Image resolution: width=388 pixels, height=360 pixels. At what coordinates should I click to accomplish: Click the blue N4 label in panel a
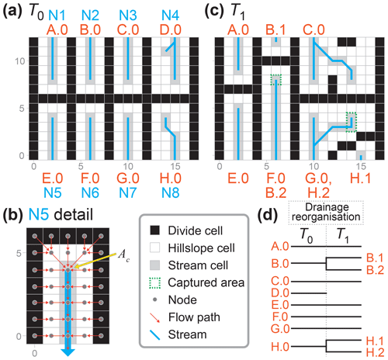(170, 16)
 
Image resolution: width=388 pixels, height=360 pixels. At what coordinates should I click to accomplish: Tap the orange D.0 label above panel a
(170, 29)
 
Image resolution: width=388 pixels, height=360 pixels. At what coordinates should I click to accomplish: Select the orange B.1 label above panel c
(275, 29)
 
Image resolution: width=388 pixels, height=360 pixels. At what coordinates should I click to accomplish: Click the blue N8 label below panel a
(170, 193)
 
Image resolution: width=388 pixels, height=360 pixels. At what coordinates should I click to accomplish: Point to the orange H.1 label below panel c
(361, 178)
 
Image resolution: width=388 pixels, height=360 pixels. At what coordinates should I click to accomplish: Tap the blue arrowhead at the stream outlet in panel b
(68, 352)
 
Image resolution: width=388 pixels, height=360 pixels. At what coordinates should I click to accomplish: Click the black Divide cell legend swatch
(155, 230)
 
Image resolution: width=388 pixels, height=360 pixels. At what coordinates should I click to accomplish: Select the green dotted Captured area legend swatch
(155, 282)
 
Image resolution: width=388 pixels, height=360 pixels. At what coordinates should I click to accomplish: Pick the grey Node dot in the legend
(155, 299)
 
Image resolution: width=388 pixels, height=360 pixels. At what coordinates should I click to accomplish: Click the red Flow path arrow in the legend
(155, 317)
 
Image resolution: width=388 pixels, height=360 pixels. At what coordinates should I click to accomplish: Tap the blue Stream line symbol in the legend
(155, 334)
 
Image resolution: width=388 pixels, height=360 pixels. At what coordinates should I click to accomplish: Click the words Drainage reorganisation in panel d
(327, 212)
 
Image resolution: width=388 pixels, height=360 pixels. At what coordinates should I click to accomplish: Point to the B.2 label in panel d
(375, 270)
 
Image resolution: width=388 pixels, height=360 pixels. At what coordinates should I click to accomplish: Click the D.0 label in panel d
(280, 293)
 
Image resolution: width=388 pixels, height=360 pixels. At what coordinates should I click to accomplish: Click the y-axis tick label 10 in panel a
(20, 61)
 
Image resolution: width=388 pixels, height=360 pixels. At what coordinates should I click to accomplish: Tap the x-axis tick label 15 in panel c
(361, 166)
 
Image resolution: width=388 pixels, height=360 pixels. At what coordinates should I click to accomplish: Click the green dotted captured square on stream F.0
(275, 80)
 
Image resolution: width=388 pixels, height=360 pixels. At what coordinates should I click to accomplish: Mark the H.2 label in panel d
(375, 352)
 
